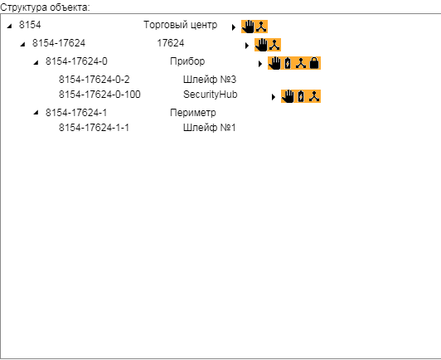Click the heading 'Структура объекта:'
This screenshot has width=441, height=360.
point(45,7)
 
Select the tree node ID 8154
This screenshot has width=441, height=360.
point(30,25)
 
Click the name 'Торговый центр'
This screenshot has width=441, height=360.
point(180,25)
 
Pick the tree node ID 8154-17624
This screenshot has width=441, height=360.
point(59,43)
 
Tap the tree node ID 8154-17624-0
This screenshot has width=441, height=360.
point(76,61)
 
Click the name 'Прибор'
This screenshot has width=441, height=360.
point(187,61)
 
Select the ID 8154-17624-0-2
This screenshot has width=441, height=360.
point(94,80)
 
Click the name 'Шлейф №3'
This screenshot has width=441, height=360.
point(210,80)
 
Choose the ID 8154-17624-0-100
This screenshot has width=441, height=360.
point(99,95)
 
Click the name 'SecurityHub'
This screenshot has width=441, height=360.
point(210,95)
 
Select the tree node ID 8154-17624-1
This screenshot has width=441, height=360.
point(76,113)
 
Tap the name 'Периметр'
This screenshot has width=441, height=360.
point(193,113)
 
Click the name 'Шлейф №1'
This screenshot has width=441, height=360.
point(209,128)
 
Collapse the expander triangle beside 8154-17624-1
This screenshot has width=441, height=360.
point(36,113)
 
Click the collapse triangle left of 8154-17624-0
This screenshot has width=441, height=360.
point(36,62)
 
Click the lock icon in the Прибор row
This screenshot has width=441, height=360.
point(314,63)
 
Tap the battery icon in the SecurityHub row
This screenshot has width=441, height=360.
point(301,96)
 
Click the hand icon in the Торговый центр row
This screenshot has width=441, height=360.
point(248,27)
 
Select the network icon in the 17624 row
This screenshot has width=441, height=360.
point(274,45)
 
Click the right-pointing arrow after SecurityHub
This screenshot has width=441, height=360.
point(274,97)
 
